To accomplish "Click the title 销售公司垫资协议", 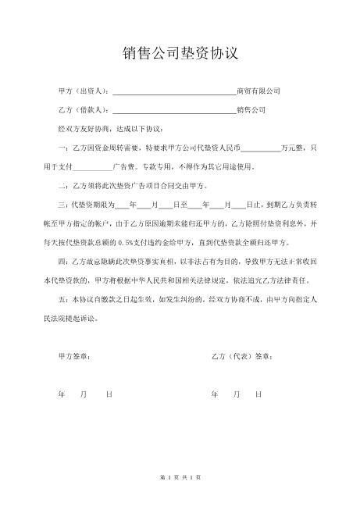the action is tap(180, 53).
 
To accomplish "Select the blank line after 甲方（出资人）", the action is tap(173, 91).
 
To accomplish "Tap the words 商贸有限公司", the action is tap(258, 91).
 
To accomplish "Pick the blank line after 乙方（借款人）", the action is tap(173, 110).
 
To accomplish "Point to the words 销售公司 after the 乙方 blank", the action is tap(251, 110).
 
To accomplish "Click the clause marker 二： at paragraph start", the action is tap(65, 185).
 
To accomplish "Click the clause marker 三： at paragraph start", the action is tap(65, 204).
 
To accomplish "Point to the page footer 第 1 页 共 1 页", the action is tap(180, 476).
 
